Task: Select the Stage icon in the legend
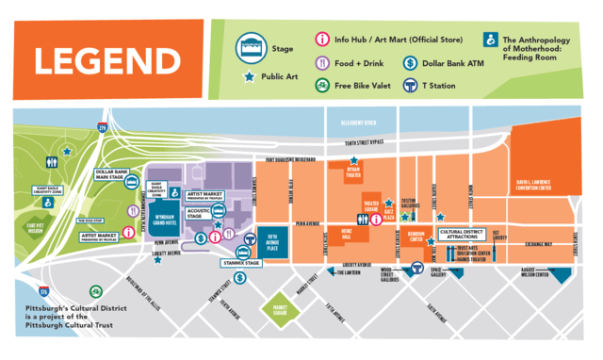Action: (251, 44)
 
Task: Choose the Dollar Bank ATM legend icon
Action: (412, 64)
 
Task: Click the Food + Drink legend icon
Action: (322, 64)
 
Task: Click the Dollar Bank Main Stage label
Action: (111, 174)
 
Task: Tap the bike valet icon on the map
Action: (92, 292)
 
